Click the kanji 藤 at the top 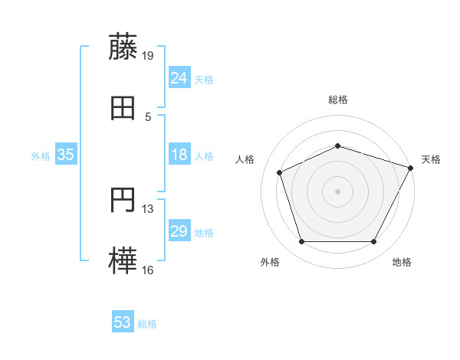pos(123,47)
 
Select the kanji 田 pos(123,109)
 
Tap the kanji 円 pos(123,201)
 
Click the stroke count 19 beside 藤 pos(148,54)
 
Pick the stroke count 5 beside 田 pos(148,116)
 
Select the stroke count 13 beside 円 pos(148,208)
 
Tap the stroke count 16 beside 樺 pos(148,270)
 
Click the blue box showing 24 pos(179,78)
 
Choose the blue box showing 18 pos(179,155)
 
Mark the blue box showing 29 pos(179,231)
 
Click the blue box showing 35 pos(66,155)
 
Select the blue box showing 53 pos(123,322)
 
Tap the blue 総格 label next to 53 pos(147,324)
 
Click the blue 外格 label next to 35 pos(41,156)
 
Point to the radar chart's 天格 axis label pos(431,159)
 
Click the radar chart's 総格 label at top pos(338,100)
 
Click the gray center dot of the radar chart pos(338,191)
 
